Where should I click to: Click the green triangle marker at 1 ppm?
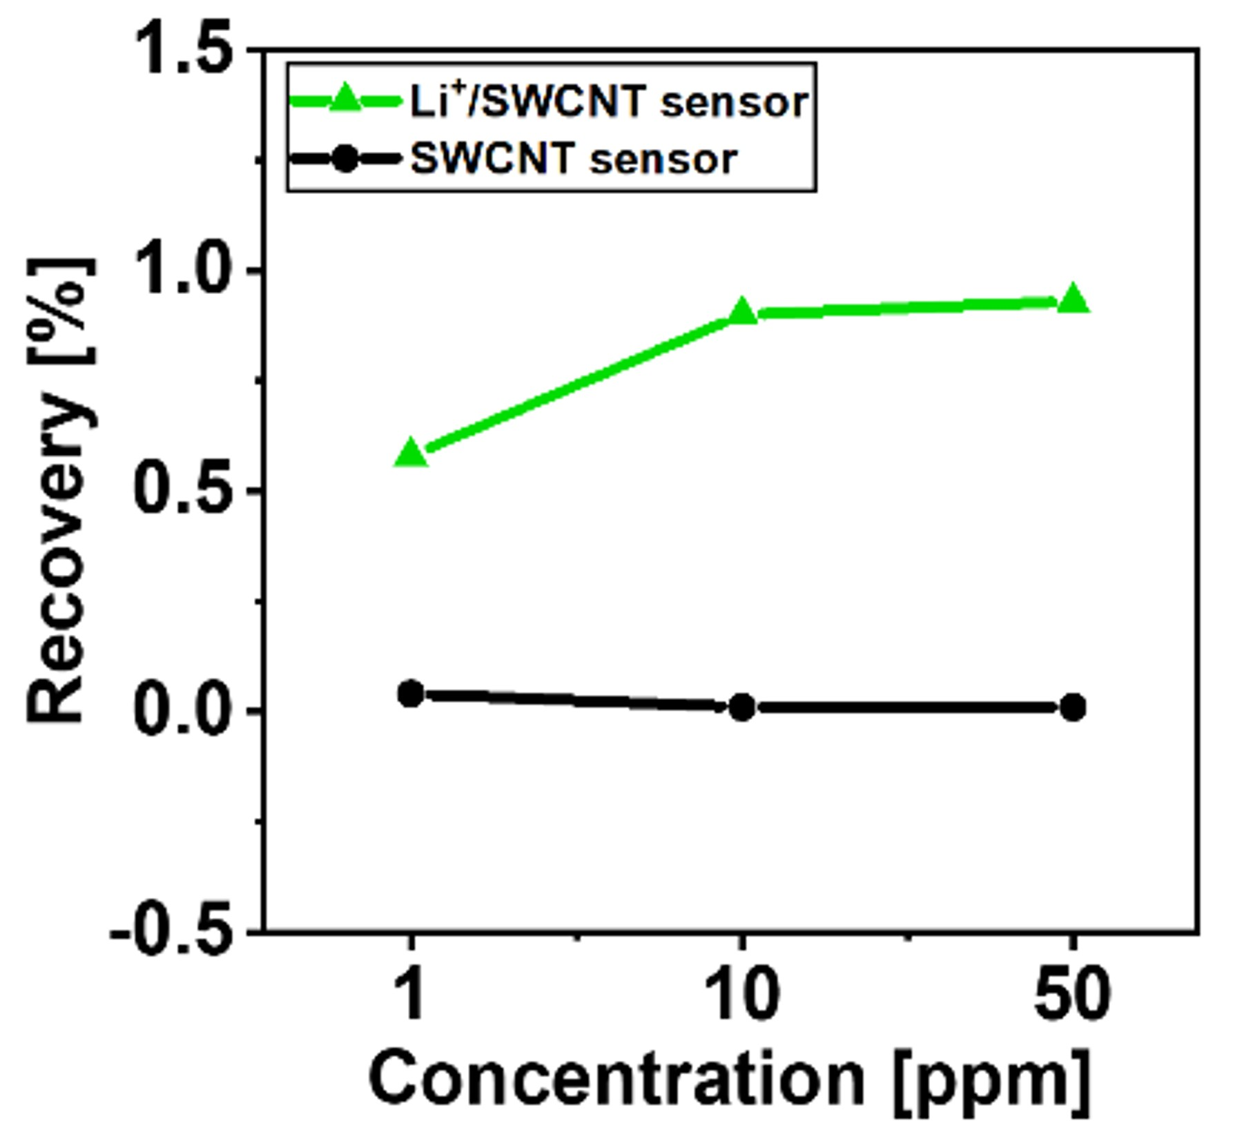(411, 453)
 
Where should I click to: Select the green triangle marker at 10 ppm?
(742, 312)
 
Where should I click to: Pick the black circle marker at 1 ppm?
(411, 693)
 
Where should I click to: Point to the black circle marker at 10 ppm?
(742, 707)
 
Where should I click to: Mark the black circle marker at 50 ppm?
(1073, 707)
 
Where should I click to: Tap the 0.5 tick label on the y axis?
(183, 490)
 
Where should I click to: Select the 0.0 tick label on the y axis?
(183, 710)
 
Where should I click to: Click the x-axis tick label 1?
(411, 994)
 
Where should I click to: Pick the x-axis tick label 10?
(742, 994)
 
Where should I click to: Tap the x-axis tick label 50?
(1073, 994)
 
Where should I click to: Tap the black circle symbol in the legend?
(345, 159)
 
